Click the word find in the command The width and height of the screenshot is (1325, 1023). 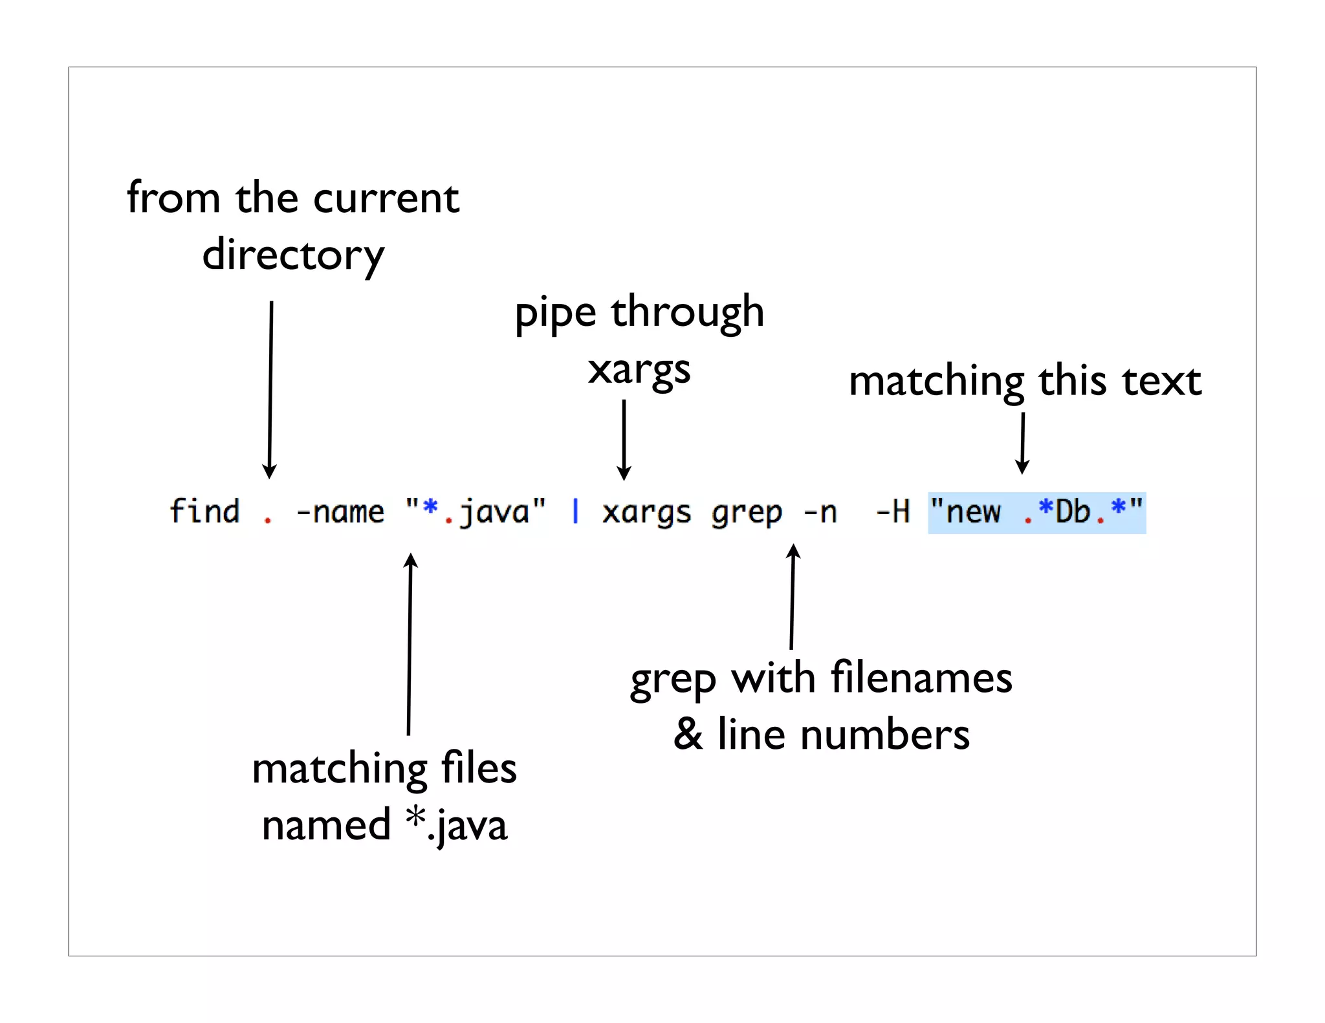click(x=204, y=511)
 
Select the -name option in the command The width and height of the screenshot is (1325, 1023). click(x=340, y=512)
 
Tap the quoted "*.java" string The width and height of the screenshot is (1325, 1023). click(x=476, y=512)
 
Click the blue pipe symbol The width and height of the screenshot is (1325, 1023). click(x=575, y=511)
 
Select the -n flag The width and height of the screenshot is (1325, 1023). click(x=820, y=513)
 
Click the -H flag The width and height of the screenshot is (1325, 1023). click(x=893, y=512)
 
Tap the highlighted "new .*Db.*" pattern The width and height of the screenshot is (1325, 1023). click(x=1036, y=512)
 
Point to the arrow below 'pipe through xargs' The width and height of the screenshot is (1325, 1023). click(x=624, y=440)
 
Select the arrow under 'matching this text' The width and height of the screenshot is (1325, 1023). click(x=1022, y=444)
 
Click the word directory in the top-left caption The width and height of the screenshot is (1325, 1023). click(x=293, y=255)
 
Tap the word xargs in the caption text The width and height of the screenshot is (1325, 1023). click(x=639, y=371)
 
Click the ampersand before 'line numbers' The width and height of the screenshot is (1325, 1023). click(x=688, y=735)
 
